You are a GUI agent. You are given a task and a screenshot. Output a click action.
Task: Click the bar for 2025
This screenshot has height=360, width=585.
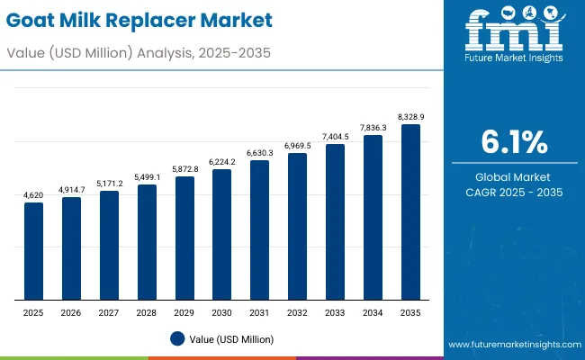tap(33, 251)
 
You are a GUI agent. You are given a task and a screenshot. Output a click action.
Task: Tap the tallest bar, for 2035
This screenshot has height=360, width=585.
tap(410, 212)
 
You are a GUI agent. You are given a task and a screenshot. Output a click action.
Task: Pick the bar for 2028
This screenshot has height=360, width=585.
tap(147, 242)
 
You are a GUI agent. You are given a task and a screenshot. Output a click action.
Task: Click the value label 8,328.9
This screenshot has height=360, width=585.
tap(410, 116)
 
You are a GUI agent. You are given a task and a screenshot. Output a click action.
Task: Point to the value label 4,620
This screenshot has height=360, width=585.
tap(33, 194)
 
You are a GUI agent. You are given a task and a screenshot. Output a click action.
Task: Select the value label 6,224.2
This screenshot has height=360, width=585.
tap(221, 161)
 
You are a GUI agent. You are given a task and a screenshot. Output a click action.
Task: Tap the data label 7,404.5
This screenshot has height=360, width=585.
tap(335, 136)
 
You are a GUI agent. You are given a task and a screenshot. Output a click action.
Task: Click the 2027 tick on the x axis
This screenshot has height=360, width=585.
tap(109, 311)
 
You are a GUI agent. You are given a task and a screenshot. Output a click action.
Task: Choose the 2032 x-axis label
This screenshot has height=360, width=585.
tap(297, 311)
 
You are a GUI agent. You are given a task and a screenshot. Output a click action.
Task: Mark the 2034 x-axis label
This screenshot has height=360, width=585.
tap(373, 311)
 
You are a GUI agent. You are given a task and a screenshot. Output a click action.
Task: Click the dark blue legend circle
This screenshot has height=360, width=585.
tap(177, 338)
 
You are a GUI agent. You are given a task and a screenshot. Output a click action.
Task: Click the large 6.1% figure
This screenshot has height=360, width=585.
tap(513, 143)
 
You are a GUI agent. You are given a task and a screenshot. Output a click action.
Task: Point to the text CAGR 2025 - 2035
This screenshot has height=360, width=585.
tap(513, 192)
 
